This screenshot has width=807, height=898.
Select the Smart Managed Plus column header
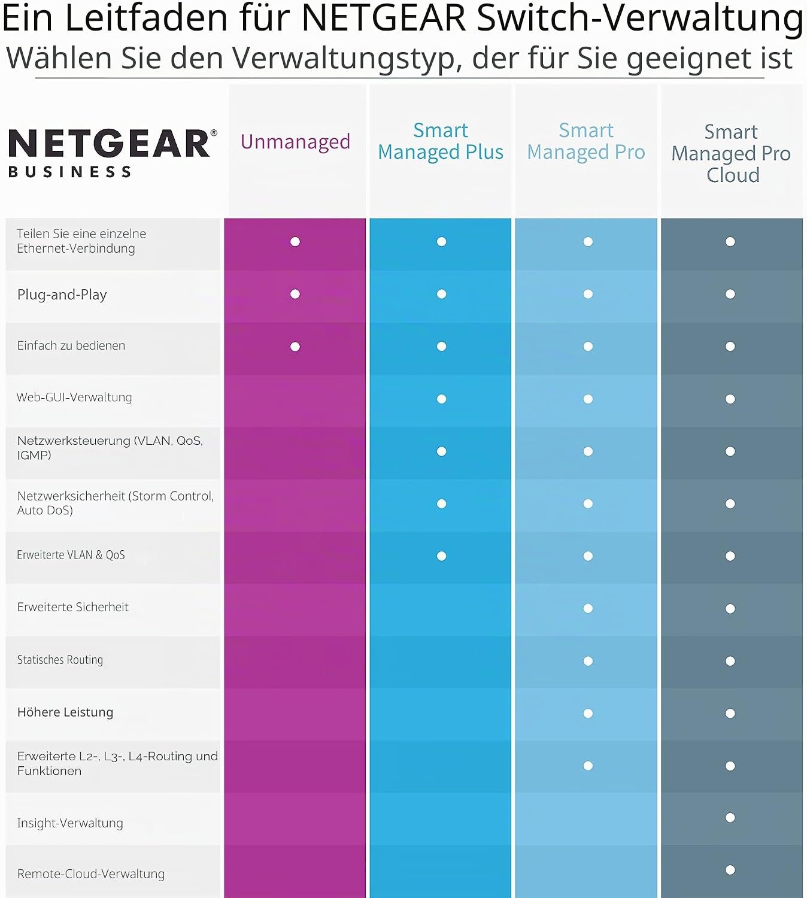(441, 141)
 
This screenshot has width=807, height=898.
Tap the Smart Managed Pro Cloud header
(731, 153)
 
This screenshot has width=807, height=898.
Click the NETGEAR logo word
(109, 143)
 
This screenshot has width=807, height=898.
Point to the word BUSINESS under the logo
(69, 172)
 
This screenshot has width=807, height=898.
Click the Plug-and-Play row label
(62, 295)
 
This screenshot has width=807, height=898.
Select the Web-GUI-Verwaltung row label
(74, 397)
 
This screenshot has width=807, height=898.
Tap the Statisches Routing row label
(60, 660)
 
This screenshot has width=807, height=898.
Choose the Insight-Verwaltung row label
(70, 823)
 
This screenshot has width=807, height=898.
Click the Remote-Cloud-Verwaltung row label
(91, 874)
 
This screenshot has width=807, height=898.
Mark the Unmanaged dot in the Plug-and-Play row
(295, 294)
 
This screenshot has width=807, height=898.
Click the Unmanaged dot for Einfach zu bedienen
(295, 347)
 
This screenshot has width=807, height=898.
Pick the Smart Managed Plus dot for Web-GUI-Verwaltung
(442, 399)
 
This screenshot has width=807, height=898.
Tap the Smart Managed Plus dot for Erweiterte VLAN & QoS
(442, 556)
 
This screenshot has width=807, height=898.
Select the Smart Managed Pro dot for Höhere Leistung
(588, 713)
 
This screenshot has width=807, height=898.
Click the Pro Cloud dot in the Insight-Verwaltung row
(730, 817)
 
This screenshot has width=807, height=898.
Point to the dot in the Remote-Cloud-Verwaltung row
(730, 870)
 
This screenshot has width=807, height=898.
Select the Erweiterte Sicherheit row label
(72, 607)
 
